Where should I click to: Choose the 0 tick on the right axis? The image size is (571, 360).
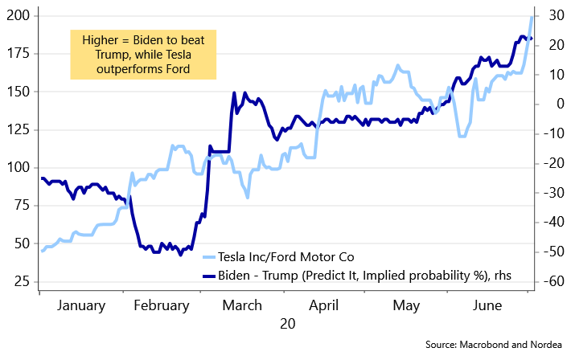554,104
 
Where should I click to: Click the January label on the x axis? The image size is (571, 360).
81,305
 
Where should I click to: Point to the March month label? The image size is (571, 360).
242,305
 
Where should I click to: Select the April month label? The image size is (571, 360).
324,305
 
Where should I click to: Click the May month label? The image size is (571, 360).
407,305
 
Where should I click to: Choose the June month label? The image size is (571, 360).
487,305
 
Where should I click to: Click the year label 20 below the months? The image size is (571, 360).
287,324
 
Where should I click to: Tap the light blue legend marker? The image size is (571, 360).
209,257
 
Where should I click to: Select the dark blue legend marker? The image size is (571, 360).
209,276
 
